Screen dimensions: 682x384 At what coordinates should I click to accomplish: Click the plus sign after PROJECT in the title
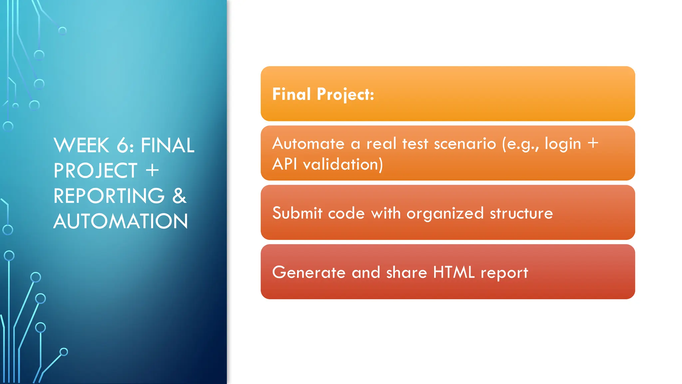click(152, 170)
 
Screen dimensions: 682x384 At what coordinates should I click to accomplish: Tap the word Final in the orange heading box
click(291, 94)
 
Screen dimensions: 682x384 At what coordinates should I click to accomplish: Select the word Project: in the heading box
click(345, 95)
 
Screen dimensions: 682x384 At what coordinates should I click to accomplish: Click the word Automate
click(308, 144)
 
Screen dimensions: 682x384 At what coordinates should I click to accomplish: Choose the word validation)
click(343, 164)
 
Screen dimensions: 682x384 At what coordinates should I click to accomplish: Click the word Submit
click(297, 213)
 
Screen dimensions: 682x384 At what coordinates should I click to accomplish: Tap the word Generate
click(309, 272)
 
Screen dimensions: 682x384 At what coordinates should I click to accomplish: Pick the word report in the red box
click(504, 273)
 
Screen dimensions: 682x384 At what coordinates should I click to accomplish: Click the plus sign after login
click(593, 144)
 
